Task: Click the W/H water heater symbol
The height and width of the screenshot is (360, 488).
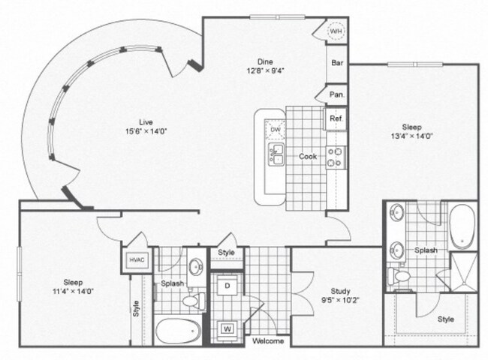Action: [x=336, y=31]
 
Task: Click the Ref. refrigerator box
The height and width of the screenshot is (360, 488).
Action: [x=336, y=118]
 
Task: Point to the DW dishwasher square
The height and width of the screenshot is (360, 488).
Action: [x=276, y=130]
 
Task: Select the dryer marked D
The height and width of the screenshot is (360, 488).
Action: [x=226, y=286]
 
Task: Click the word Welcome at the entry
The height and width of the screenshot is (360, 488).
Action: [x=267, y=341]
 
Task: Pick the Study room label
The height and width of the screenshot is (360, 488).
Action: [x=342, y=292]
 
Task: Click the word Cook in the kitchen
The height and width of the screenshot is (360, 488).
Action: [x=308, y=157]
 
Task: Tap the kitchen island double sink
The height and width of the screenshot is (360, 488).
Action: [x=276, y=156]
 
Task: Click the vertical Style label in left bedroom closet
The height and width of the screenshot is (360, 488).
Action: [x=137, y=308]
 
